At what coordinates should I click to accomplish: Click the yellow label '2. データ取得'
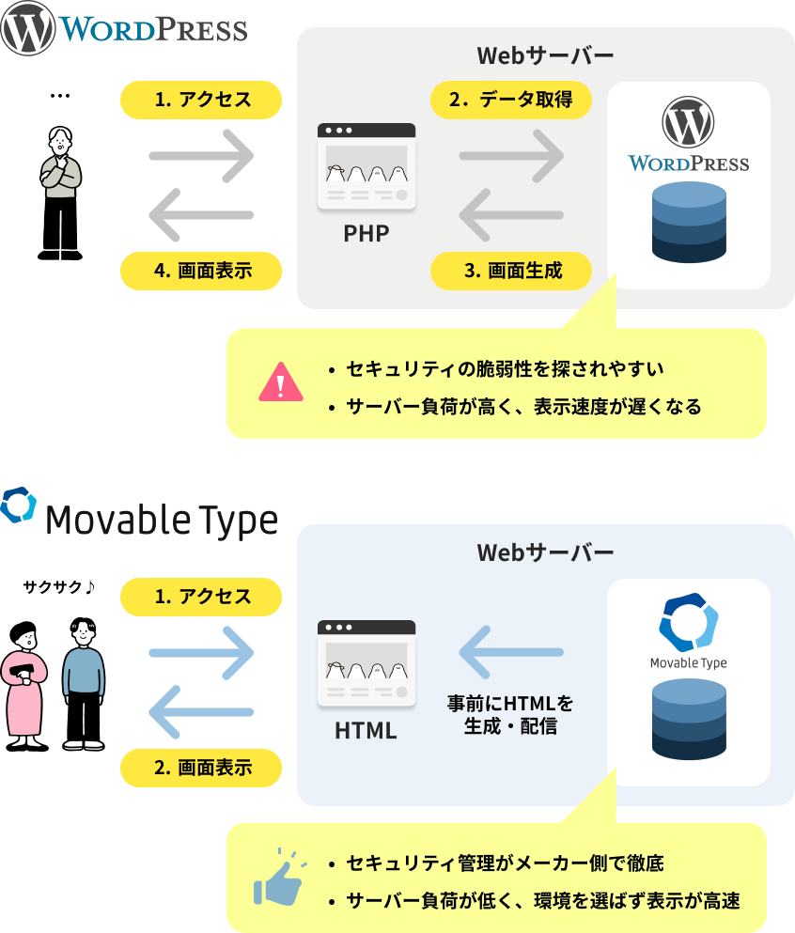tap(511, 100)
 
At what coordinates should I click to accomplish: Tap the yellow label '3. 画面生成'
tap(511, 271)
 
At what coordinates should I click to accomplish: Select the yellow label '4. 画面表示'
tap(202, 271)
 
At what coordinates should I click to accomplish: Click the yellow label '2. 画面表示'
tap(202, 767)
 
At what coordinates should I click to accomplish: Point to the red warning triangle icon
tap(280, 382)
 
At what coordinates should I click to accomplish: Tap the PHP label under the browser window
tap(366, 233)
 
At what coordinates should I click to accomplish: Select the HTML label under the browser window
tap(366, 729)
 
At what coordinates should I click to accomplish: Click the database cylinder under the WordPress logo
tap(689, 223)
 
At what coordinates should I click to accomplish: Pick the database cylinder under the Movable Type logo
tap(689, 719)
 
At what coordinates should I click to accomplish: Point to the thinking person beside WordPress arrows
tap(61, 163)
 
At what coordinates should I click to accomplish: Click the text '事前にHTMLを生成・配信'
tap(510, 715)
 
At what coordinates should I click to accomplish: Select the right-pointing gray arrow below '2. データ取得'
tap(510, 155)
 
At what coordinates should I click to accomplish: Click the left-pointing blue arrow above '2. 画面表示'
tap(201, 711)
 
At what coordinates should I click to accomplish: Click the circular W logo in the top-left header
tap(28, 28)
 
